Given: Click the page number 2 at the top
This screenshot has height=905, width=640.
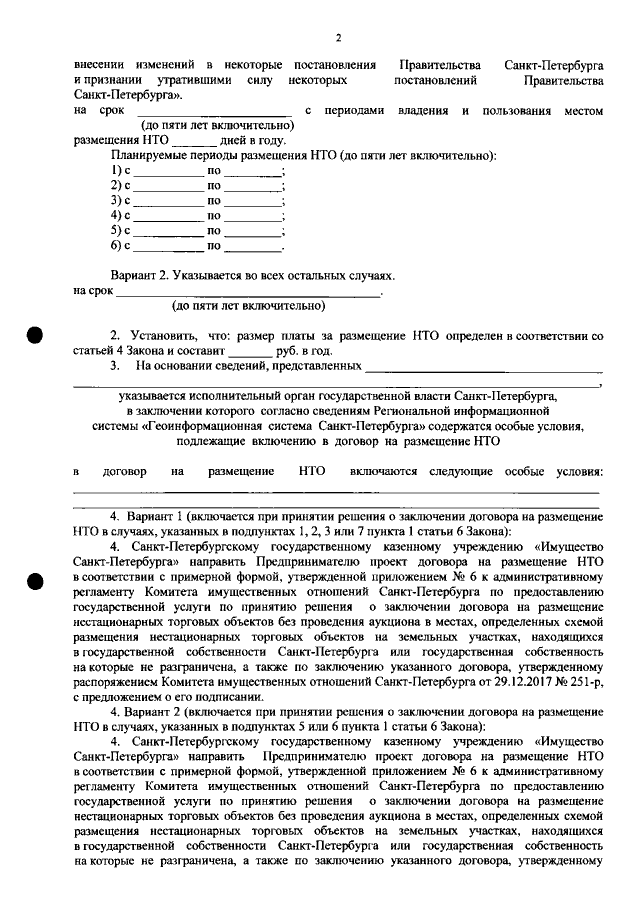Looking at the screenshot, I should pyautogui.click(x=338, y=38).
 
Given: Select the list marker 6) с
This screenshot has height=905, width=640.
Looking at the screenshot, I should pyautogui.click(x=120, y=244).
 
